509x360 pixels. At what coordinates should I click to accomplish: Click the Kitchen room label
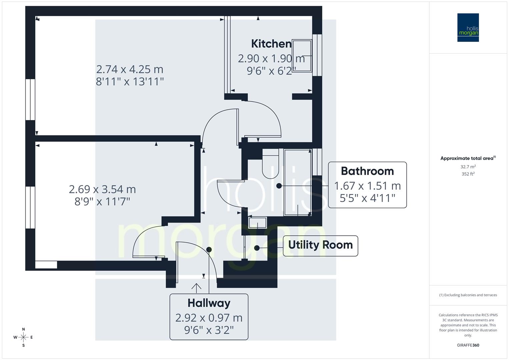271,44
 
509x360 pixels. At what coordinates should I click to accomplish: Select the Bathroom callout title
367,171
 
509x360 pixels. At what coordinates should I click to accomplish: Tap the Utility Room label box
320,245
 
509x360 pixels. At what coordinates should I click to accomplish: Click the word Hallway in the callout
209,303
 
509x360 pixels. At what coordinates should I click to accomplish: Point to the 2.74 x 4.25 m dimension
130,69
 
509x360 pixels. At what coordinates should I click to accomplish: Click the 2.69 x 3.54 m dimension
102,189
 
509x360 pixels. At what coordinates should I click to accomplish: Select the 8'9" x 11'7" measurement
102,201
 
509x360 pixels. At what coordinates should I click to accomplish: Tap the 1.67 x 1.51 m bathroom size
367,186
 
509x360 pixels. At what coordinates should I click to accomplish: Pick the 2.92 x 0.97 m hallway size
209,318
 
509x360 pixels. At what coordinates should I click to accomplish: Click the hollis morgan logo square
468,27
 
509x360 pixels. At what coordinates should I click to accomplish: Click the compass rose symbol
23,337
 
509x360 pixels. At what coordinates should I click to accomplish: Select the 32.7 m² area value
468,167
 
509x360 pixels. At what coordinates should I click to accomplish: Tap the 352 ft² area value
468,174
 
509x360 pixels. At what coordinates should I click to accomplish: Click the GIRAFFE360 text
468,345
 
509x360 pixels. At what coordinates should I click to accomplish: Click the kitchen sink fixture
302,55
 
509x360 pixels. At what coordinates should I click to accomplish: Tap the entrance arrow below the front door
196,287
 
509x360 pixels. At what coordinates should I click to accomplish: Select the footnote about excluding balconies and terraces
468,295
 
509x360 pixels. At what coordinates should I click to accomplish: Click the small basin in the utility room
258,222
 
